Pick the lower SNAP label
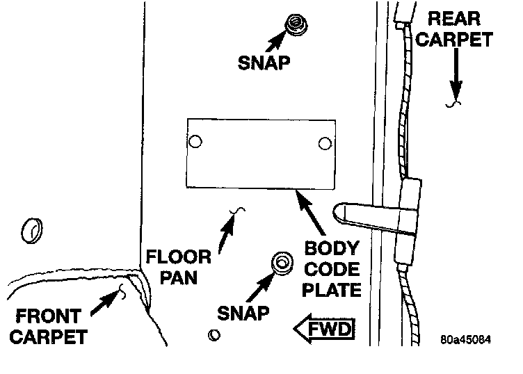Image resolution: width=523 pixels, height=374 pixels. (x=242, y=313)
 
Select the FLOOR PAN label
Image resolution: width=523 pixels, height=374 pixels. (x=178, y=267)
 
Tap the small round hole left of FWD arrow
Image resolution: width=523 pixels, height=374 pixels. (x=214, y=335)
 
